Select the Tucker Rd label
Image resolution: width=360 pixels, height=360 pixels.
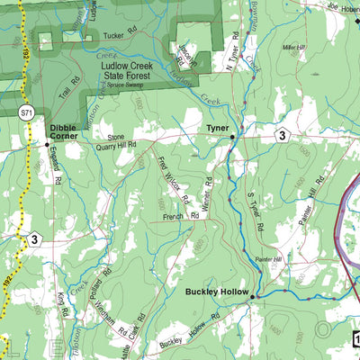(x=121, y=36)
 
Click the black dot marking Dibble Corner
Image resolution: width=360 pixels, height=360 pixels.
(x=47, y=143)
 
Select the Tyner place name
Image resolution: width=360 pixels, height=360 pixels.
(x=219, y=128)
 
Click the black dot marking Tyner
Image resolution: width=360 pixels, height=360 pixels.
(x=232, y=137)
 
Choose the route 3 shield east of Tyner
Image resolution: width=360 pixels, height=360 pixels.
(x=282, y=135)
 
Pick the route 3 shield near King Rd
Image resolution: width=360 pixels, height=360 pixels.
(x=33, y=238)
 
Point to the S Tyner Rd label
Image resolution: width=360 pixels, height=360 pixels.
(x=255, y=216)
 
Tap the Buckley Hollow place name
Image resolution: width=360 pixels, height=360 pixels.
(x=215, y=292)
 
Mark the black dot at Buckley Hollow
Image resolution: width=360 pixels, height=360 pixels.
(x=253, y=296)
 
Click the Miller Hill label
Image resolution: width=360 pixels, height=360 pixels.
(x=294, y=48)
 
